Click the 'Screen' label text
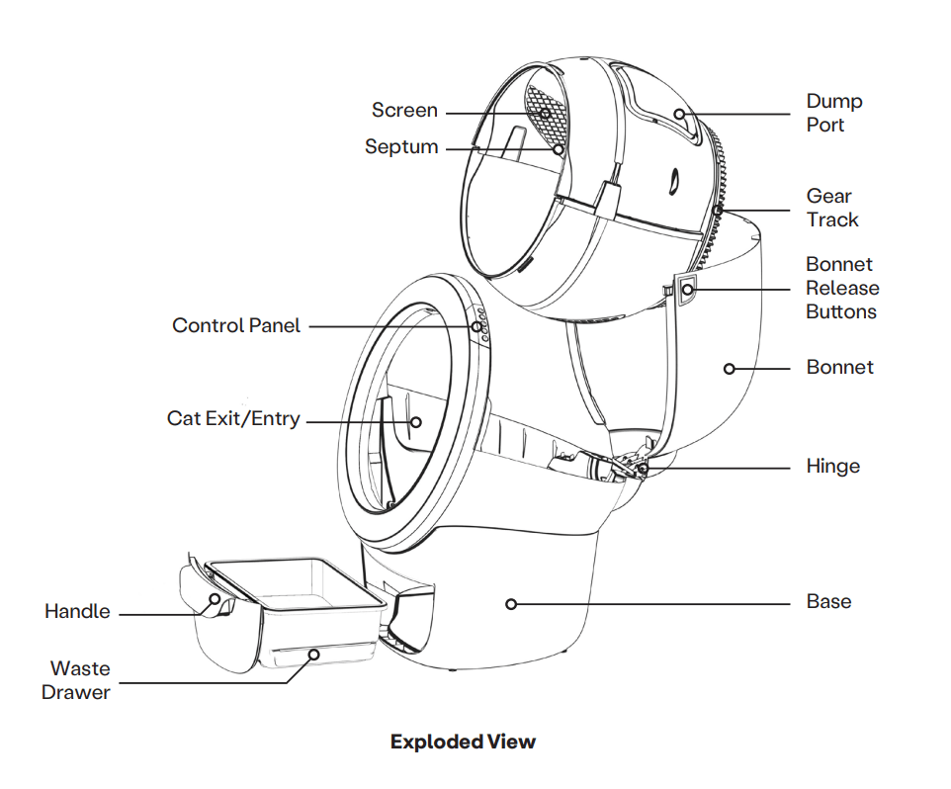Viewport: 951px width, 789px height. [x=404, y=111]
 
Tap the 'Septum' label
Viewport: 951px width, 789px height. [x=401, y=147]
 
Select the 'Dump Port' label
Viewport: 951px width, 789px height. [x=834, y=113]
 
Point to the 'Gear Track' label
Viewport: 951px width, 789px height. [x=832, y=208]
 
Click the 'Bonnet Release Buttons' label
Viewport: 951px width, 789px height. [x=841, y=288]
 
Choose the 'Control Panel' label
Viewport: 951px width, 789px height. [x=236, y=325]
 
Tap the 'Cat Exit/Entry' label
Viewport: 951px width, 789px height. [x=233, y=418]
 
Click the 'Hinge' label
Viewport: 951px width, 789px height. [x=833, y=466]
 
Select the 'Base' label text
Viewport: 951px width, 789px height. [x=828, y=601]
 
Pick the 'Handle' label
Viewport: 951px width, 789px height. [x=77, y=612]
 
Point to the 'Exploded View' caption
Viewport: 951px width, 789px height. [x=463, y=742]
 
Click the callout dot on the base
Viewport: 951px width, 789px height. [x=511, y=603]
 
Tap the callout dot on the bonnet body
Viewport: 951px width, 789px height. [x=730, y=369]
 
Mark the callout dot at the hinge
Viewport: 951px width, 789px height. [x=643, y=467]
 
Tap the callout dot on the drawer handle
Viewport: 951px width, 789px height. [x=212, y=599]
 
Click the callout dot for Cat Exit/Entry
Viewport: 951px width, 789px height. [x=415, y=421]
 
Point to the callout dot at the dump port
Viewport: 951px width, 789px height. [x=680, y=114]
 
